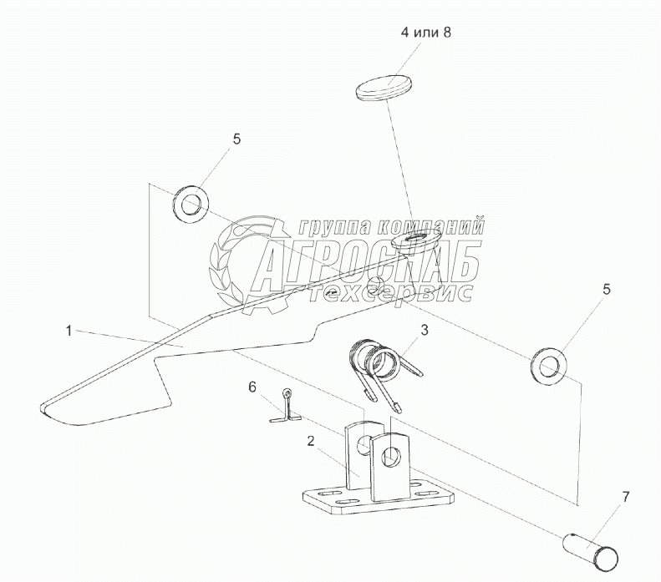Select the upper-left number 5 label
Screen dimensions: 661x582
(x=236, y=139)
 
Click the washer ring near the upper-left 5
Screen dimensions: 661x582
(x=191, y=203)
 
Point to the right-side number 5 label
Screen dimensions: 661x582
(x=607, y=290)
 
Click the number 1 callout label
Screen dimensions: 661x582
(x=68, y=331)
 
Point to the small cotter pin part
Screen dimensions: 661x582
(x=285, y=409)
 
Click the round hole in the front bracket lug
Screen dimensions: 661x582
(x=389, y=457)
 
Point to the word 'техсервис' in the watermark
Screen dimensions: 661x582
(x=391, y=292)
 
